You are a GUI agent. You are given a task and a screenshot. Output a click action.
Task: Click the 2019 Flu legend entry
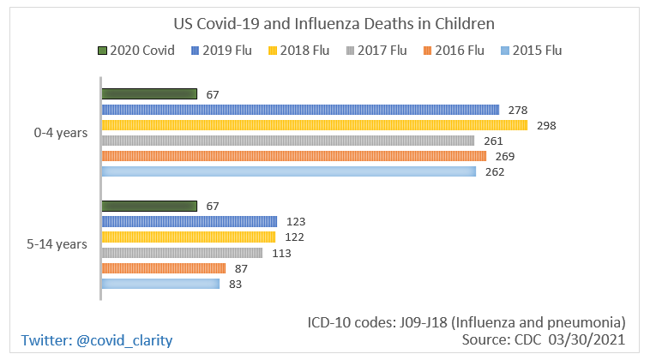tap(220, 51)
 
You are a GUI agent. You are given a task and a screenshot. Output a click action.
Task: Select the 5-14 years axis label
tap(57, 244)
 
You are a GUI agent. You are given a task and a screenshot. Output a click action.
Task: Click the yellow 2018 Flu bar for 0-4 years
tap(314, 125)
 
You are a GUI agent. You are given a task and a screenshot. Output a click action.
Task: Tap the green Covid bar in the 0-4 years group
tap(149, 94)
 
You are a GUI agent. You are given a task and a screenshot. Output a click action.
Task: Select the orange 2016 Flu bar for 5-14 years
tap(164, 268)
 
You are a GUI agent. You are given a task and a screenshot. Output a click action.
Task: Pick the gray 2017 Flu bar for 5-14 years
tap(182, 253)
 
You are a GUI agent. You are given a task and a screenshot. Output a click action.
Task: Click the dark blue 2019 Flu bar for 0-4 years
tap(300, 110)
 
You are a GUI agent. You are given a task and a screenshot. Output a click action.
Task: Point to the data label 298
tap(546, 125)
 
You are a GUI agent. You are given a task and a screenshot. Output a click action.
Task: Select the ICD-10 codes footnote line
tap(466, 322)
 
